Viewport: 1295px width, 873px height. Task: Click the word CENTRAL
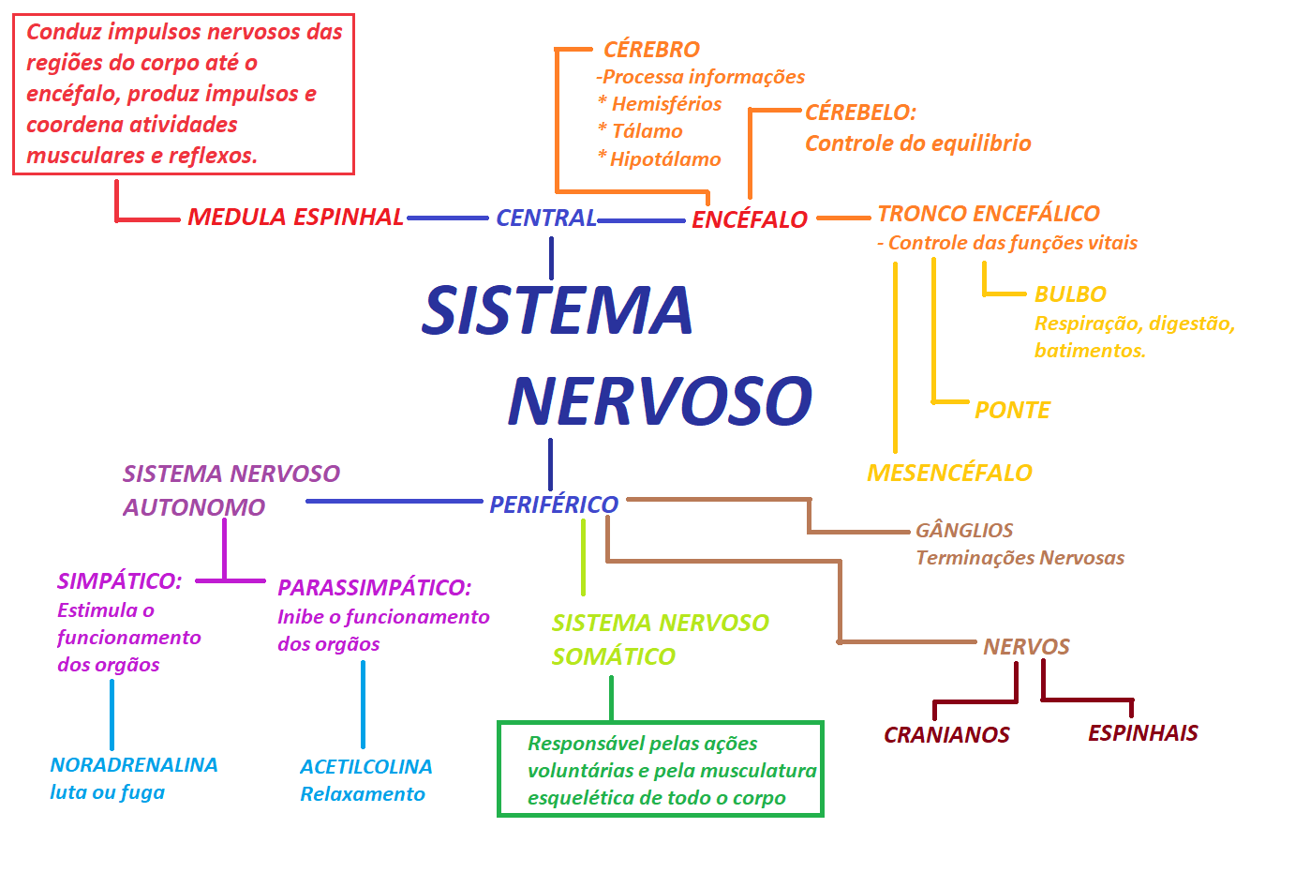click(546, 218)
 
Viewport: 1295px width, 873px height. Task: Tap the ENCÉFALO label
click(749, 219)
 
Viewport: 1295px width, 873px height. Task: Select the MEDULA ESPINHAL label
click(295, 217)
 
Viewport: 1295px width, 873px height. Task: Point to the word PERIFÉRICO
click(554, 504)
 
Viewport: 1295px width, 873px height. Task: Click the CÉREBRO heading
click(651, 49)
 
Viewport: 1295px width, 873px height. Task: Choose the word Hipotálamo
click(665, 159)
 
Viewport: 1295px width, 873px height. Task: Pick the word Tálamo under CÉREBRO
click(647, 131)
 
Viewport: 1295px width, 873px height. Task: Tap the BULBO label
click(1070, 294)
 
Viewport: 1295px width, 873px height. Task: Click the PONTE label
click(1012, 410)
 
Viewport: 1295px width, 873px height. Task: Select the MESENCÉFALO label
click(949, 473)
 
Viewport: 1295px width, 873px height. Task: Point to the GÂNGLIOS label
click(964, 531)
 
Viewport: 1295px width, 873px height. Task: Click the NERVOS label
click(1026, 646)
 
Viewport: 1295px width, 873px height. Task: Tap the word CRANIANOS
click(946, 734)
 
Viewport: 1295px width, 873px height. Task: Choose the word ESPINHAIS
click(1142, 733)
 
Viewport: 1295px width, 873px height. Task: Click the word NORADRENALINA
click(134, 765)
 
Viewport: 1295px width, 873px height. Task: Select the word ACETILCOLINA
click(365, 767)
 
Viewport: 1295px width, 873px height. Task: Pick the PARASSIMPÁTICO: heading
click(374, 588)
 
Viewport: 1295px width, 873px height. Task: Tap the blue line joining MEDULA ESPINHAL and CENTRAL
click(448, 218)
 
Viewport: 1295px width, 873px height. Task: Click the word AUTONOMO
click(194, 507)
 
